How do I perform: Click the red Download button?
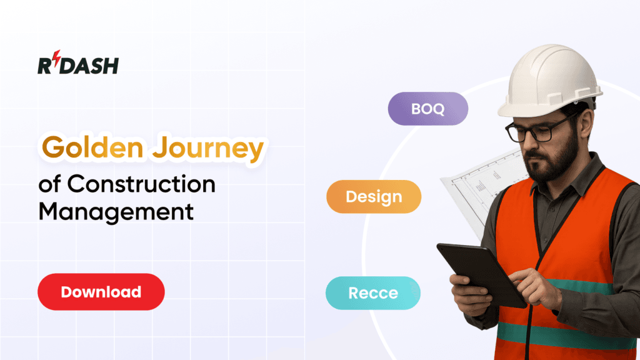click(101, 292)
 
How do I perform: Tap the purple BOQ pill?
click(428, 109)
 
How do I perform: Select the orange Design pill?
click(374, 197)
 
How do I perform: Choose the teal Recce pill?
click(373, 292)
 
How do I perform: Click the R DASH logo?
click(77, 64)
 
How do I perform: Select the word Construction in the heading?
click(141, 184)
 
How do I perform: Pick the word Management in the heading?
click(116, 211)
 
